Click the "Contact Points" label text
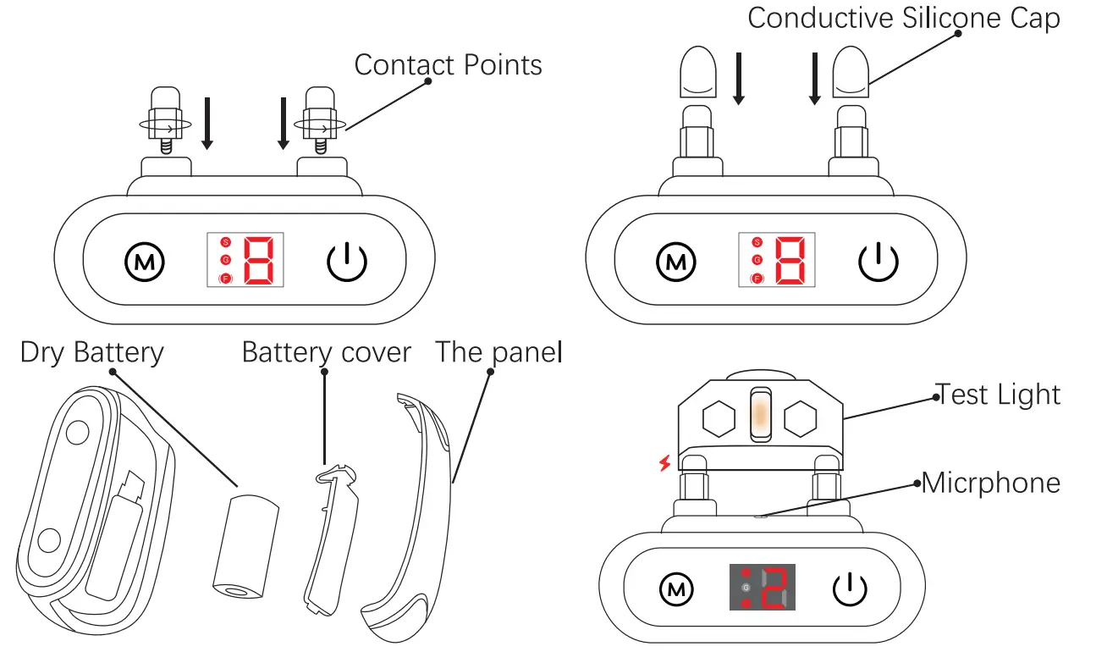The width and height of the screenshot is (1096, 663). pyautogui.click(x=448, y=64)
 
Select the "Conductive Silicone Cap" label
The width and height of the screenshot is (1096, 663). pyautogui.click(x=903, y=19)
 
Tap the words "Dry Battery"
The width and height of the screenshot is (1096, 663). pyautogui.click(x=91, y=352)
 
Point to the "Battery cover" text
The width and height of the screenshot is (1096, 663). pyautogui.click(x=326, y=352)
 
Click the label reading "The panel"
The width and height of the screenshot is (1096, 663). pyautogui.click(x=498, y=352)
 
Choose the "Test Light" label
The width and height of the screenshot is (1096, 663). pyautogui.click(x=997, y=395)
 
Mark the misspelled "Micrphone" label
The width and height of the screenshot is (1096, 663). pyautogui.click(x=990, y=483)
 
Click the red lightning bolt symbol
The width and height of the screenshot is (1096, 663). pyautogui.click(x=664, y=463)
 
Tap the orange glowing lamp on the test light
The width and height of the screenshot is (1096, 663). pyautogui.click(x=760, y=415)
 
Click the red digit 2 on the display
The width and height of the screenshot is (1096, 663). pyautogui.click(x=774, y=588)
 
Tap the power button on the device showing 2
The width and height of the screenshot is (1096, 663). pyautogui.click(x=849, y=588)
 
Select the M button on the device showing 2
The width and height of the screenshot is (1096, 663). pyautogui.click(x=675, y=588)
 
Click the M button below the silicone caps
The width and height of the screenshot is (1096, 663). pyautogui.click(x=676, y=262)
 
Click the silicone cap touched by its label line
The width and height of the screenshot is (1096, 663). pyautogui.click(x=851, y=70)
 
